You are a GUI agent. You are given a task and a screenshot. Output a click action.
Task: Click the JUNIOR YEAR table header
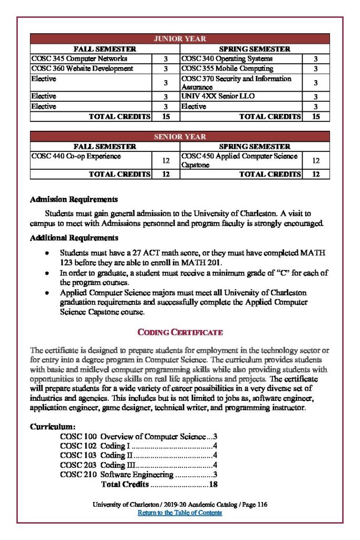click(180, 38)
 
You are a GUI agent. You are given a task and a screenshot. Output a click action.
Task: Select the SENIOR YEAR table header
click(180, 137)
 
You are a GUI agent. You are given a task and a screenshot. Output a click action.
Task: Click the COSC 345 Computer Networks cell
click(79, 59)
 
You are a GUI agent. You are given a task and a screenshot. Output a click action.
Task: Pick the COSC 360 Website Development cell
click(82, 69)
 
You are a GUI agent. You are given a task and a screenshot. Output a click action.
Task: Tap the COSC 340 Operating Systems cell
click(227, 59)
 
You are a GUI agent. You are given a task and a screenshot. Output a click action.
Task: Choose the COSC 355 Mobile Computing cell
click(227, 69)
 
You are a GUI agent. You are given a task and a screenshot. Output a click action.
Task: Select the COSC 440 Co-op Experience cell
click(76, 156)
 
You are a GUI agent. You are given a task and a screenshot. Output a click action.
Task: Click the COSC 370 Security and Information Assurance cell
click(236, 83)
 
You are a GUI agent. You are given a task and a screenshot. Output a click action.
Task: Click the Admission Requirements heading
click(73, 200)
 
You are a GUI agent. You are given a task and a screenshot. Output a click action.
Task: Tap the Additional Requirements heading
click(74, 238)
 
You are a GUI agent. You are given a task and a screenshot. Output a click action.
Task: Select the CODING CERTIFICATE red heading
click(180, 332)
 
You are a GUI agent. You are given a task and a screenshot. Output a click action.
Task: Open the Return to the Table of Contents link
click(180, 513)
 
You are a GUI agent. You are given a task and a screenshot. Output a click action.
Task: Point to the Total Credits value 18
click(213, 484)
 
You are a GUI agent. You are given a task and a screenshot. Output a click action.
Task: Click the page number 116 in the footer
click(262, 505)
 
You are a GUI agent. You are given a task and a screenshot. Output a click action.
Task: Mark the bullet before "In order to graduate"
click(47, 273)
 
